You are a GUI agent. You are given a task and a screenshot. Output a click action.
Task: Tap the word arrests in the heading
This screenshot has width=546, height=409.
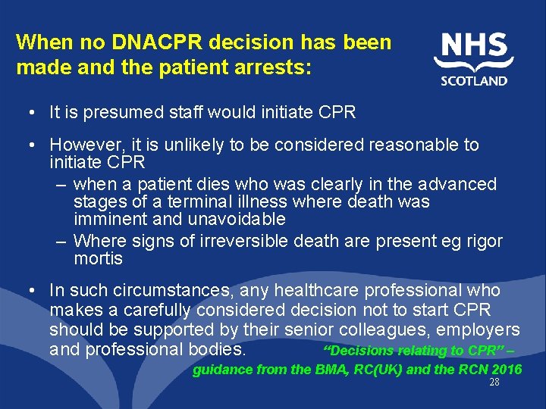[274, 67]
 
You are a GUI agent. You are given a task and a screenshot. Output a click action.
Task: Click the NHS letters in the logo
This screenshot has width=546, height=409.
[474, 47]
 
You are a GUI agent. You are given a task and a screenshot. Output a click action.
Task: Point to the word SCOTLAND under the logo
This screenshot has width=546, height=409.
[474, 81]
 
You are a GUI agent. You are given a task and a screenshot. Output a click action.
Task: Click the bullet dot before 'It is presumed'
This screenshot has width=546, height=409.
[28, 114]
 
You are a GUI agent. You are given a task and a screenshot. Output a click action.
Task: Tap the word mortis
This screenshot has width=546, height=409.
[98, 259]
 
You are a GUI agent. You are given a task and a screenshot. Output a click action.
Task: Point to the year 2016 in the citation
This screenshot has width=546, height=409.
[507, 370]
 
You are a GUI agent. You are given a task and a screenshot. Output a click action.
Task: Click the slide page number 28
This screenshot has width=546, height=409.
[494, 383]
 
